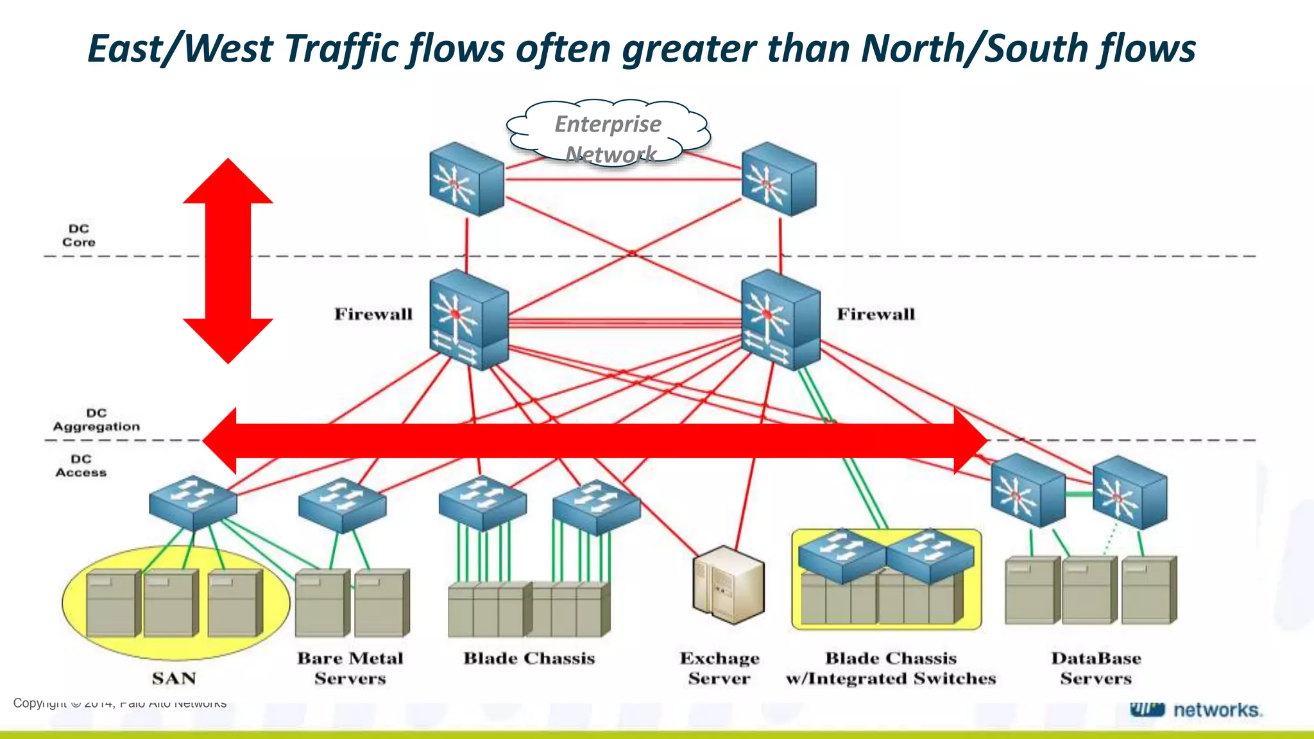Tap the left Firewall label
(373, 314)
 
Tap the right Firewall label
(876, 314)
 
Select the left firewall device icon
(468, 319)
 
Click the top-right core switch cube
(778, 179)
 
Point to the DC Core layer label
(79, 235)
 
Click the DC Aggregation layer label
(96, 420)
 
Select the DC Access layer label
(81, 466)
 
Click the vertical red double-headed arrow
(228, 260)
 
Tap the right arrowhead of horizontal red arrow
(969, 441)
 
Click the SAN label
(174, 678)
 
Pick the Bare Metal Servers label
(350, 668)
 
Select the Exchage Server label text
(719, 668)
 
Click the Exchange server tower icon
(728, 584)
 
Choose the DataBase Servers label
(1096, 668)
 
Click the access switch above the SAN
(192, 502)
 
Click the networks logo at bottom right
(1196, 710)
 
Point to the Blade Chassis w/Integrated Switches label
(891, 668)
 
